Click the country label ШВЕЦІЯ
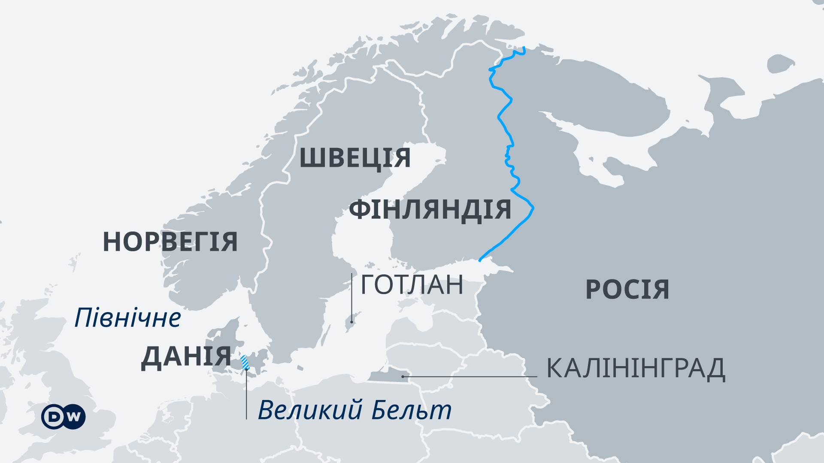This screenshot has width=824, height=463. (x=355, y=158)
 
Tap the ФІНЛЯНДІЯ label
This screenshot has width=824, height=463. (x=430, y=210)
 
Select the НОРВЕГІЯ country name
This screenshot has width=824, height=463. (x=170, y=242)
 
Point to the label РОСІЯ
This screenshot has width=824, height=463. (x=627, y=289)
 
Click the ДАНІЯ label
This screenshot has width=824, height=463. (x=186, y=357)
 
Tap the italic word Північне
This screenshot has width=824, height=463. (x=127, y=318)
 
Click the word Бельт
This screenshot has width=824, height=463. (x=411, y=410)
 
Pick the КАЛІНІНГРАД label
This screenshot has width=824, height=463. (x=635, y=368)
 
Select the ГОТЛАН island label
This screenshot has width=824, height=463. (x=412, y=285)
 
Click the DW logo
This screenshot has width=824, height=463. (x=64, y=416)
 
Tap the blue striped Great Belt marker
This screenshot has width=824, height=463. (x=245, y=363)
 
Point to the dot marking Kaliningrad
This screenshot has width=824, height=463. (x=403, y=376)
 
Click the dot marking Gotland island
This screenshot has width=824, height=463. (x=352, y=322)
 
